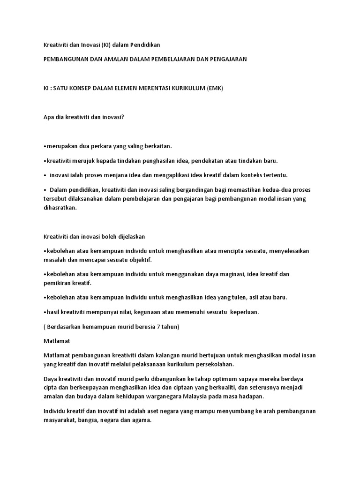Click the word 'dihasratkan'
click(x=60, y=208)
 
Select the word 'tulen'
click(x=241, y=298)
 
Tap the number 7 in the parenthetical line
click(x=154, y=327)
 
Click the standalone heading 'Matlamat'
click(x=56, y=341)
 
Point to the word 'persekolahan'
click(x=213, y=364)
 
